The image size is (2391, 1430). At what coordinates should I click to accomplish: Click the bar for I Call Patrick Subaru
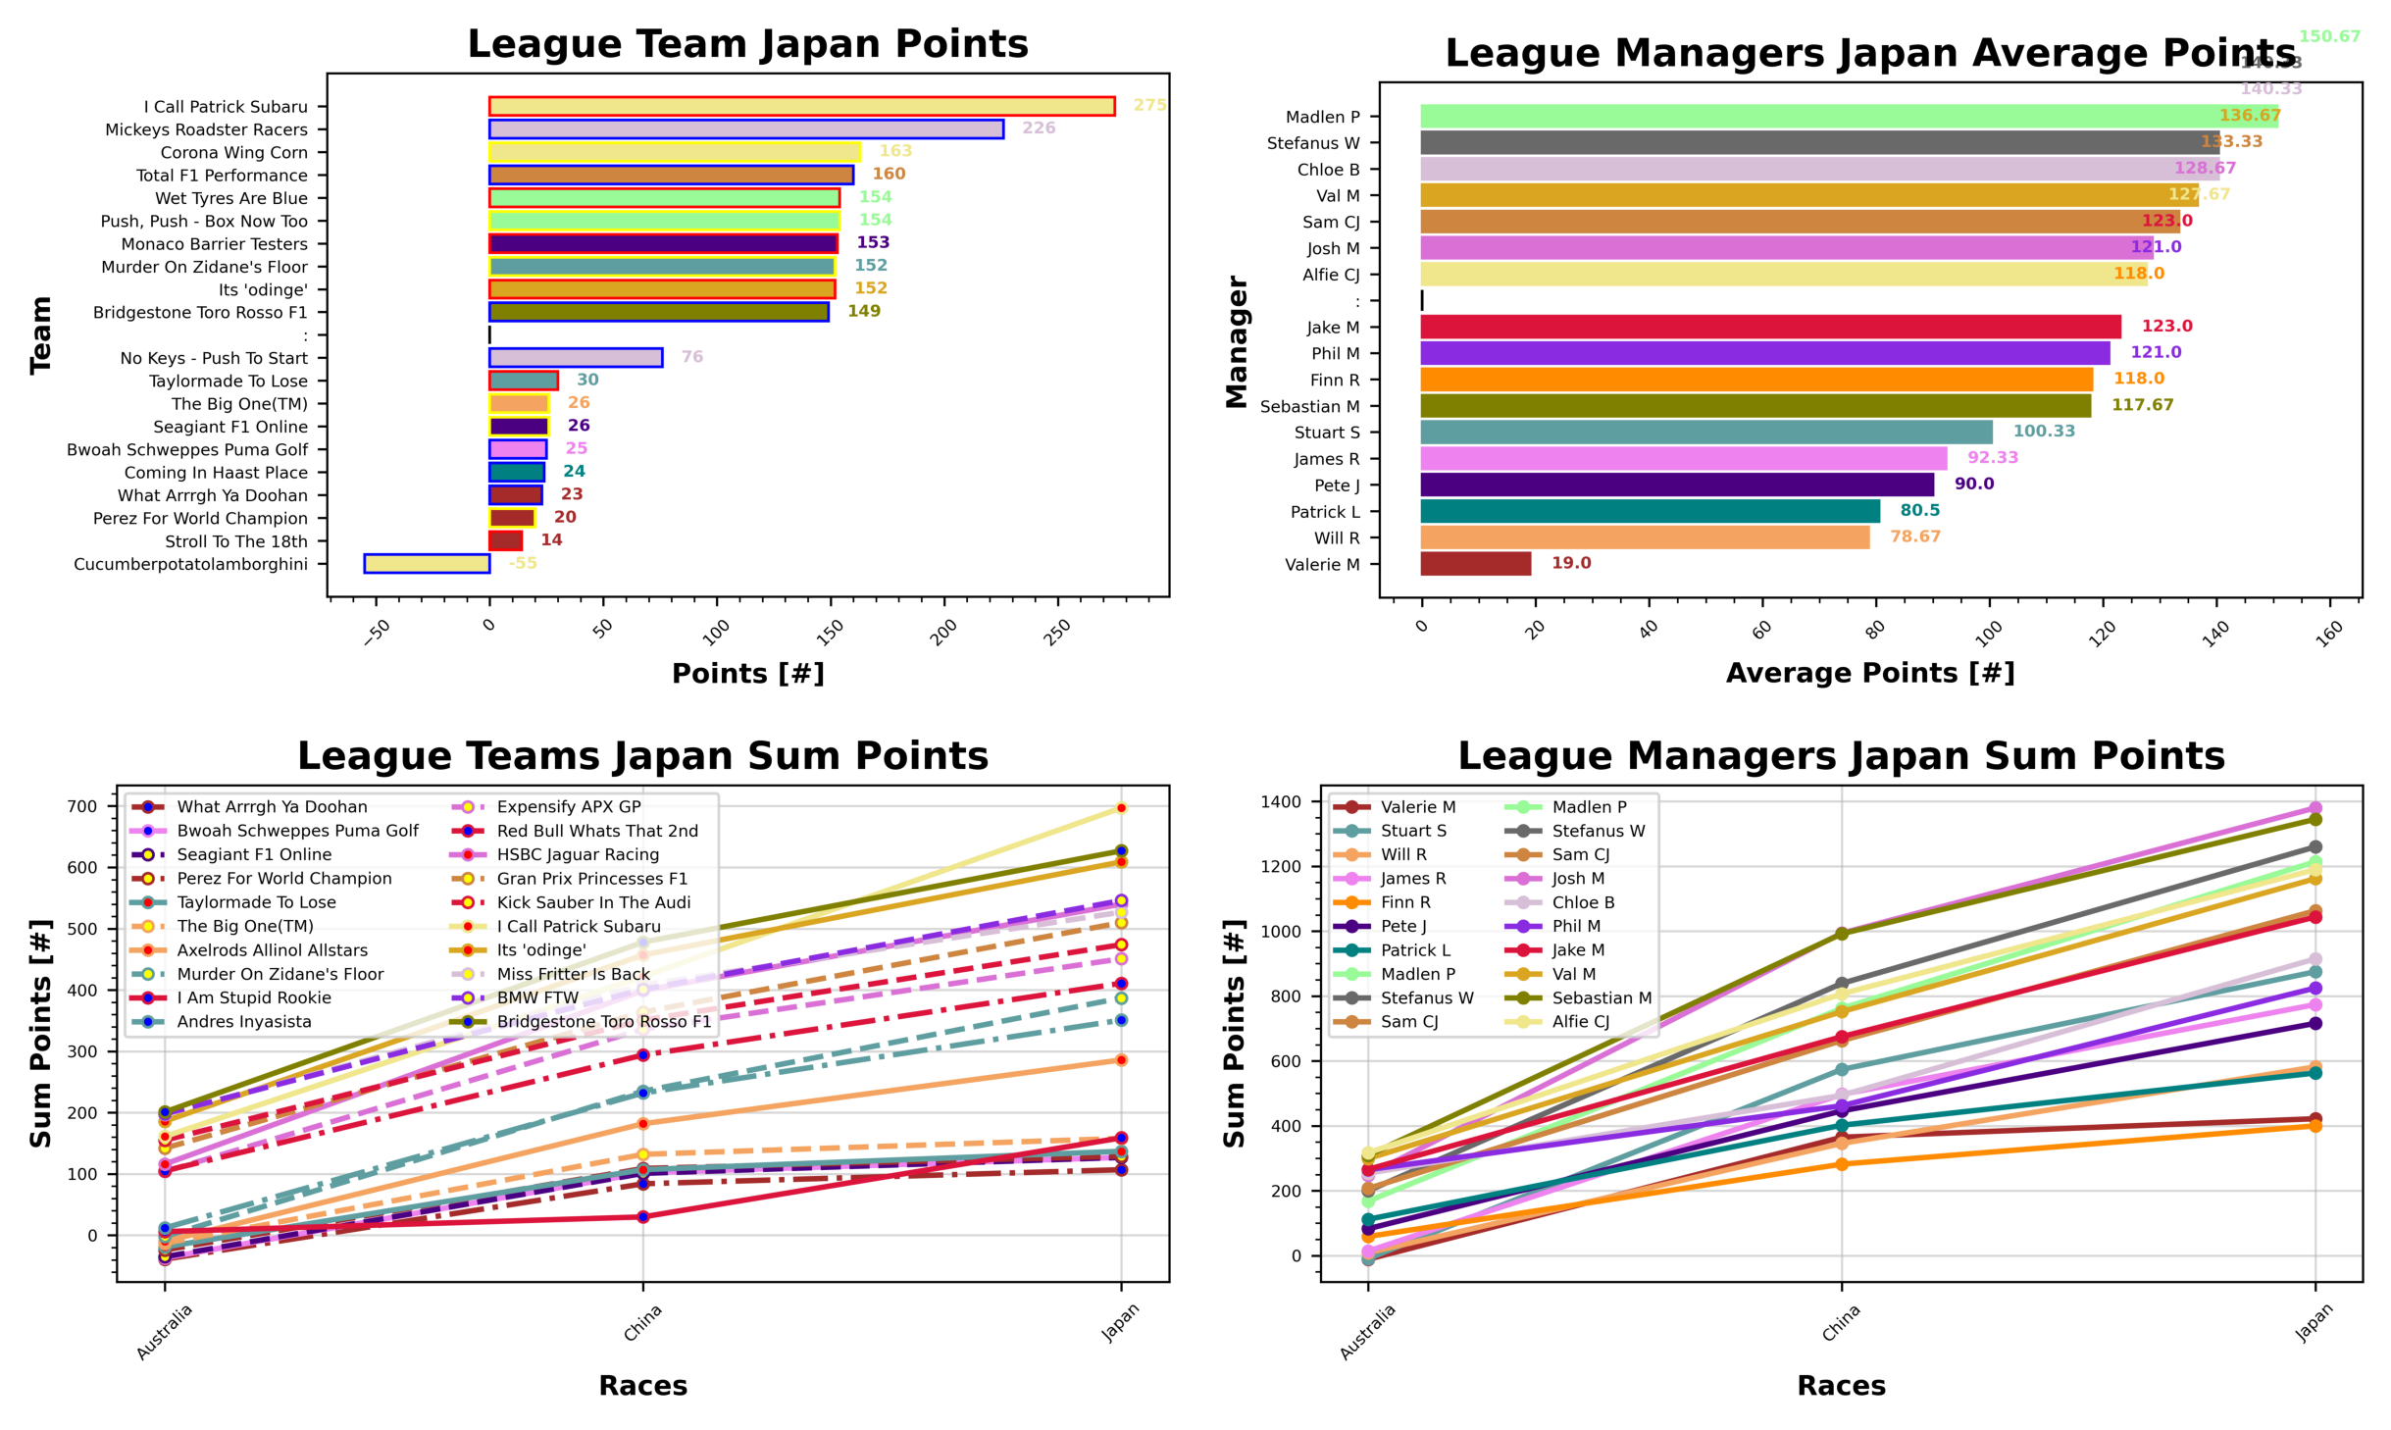(801, 106)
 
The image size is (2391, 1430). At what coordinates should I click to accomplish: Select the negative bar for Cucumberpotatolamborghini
(427, 564)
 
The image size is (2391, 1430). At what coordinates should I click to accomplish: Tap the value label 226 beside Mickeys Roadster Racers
(1039, 128)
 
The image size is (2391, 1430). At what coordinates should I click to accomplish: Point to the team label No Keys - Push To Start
(214, 358)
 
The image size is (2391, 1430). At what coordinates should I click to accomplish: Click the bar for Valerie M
(1475, 564)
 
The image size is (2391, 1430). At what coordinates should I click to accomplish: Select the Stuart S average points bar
(1705, 433)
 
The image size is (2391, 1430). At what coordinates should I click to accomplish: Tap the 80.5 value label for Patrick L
(1919, 511)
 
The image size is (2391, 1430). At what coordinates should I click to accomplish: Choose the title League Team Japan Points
(747, 44)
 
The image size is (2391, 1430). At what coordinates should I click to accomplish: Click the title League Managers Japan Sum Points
(1841, 756)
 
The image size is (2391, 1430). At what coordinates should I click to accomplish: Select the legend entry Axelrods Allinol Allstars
(272, 950)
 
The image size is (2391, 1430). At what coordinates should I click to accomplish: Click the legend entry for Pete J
(1402, 926)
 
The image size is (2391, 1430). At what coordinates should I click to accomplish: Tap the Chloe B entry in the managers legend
(1582, 902)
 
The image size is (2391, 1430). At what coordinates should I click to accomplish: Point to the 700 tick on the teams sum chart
(83, 807)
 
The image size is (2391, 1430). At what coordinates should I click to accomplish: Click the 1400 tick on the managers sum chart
(1281, 802)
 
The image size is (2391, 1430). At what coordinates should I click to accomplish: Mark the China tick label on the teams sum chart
(643, 1323)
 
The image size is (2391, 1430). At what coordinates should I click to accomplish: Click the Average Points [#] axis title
(1869, 673)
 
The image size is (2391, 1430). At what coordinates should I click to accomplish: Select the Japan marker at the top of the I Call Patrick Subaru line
(1121, 808)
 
